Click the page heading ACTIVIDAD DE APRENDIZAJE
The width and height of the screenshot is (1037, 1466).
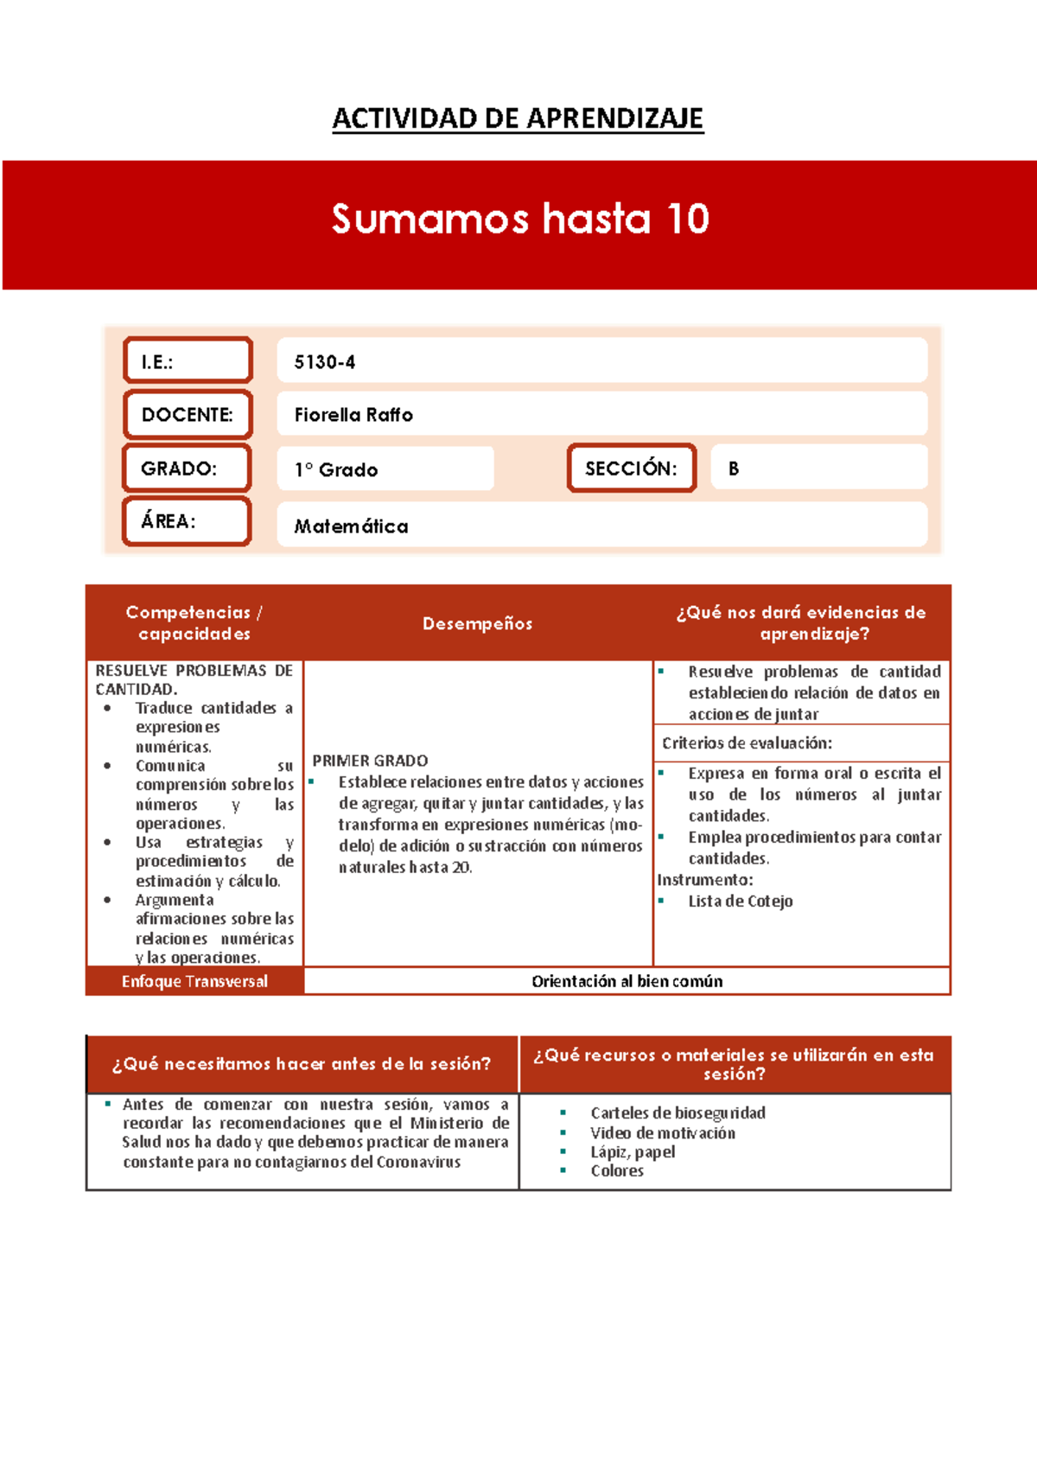click(518, 118)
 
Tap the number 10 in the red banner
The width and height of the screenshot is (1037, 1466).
click(688, 219)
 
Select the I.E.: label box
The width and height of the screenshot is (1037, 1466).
click(188, 360)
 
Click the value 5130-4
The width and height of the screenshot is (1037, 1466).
click(325, 362)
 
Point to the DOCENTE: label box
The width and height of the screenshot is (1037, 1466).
click(188, 415)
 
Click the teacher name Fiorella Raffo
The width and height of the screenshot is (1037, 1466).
click(353, 415)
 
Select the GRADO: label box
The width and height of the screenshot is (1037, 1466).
click(187, 468)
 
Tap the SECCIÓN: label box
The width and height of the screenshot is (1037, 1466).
click(632, 468)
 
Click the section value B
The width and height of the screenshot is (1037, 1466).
click(734, 468)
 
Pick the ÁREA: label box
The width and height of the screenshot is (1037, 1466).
click(187, 521)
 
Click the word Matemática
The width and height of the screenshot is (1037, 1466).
click(351, 526)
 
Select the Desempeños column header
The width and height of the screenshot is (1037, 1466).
click(477, 623)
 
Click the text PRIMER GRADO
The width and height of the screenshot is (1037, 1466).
click(370, 761)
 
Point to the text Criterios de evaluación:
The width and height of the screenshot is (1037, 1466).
click(747, 743)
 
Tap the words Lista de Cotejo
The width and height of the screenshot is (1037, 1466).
click(741, 901)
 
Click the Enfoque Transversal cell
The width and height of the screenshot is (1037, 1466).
click(194, 981)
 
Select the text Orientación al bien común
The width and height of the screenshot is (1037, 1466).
click(627, 981)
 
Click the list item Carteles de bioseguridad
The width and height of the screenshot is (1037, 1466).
click(678, 1112)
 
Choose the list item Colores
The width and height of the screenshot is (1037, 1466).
click(617, 1170)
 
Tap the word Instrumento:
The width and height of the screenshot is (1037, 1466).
click(705, 880)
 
